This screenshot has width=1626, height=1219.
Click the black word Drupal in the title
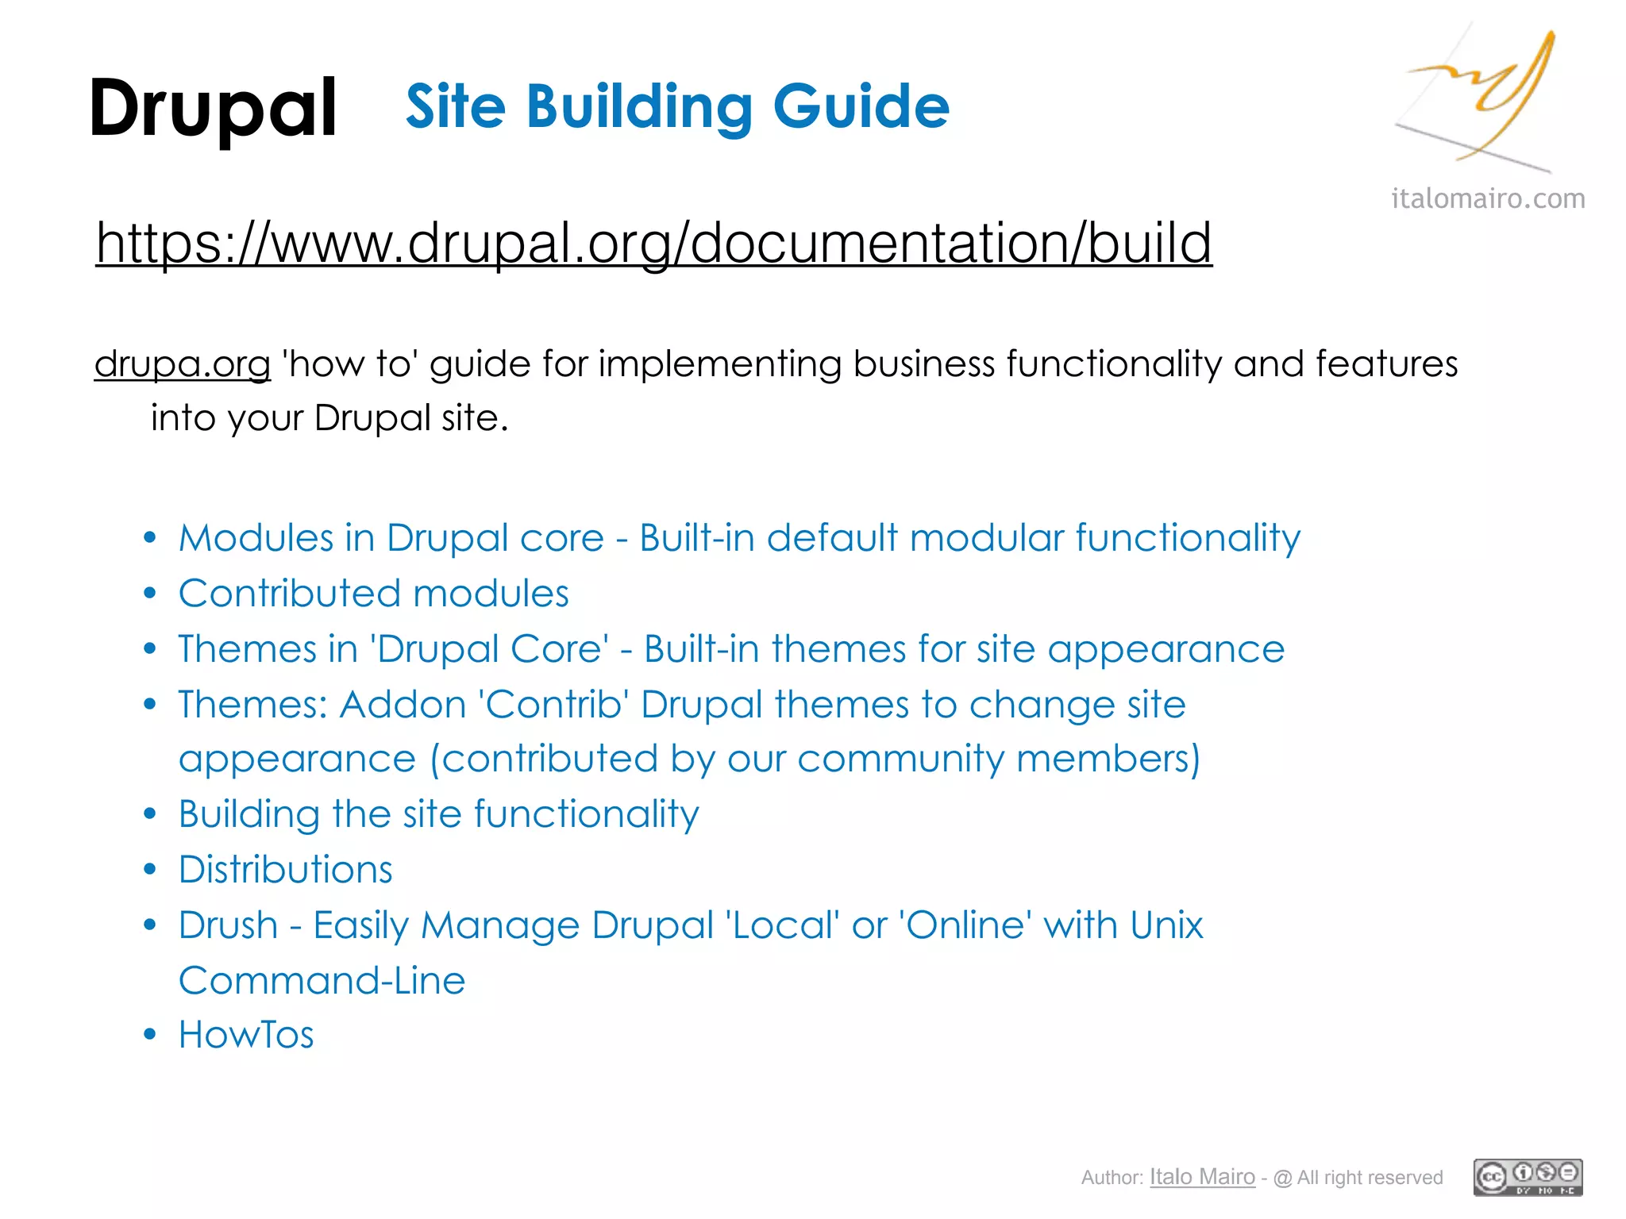coord(213,109)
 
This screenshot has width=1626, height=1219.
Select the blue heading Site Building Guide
coord(677,106)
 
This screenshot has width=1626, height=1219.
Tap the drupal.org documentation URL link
coord(653,242)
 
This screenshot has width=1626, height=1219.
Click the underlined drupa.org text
coord(183,364)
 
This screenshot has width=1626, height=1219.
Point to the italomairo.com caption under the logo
coord(1488,198)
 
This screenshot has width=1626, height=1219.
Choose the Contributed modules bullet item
coord(374,594)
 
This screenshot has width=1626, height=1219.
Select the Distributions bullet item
coord(286,870)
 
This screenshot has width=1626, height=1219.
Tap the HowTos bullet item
coord(246,1035)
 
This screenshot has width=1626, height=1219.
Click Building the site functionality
coord(439,814)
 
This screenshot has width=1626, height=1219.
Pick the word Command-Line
coord(322,981)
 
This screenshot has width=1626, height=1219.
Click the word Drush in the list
coord(229,925)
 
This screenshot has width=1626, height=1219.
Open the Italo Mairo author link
coord(1202,1177)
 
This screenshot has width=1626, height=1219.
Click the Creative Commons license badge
coord(1528,1177)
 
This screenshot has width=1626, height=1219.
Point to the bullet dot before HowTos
coord(150,1035)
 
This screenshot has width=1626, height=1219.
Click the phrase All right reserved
coord(1370,1178)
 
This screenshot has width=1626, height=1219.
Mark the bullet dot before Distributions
coord(150,870)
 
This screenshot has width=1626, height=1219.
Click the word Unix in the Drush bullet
coord(1166,925)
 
